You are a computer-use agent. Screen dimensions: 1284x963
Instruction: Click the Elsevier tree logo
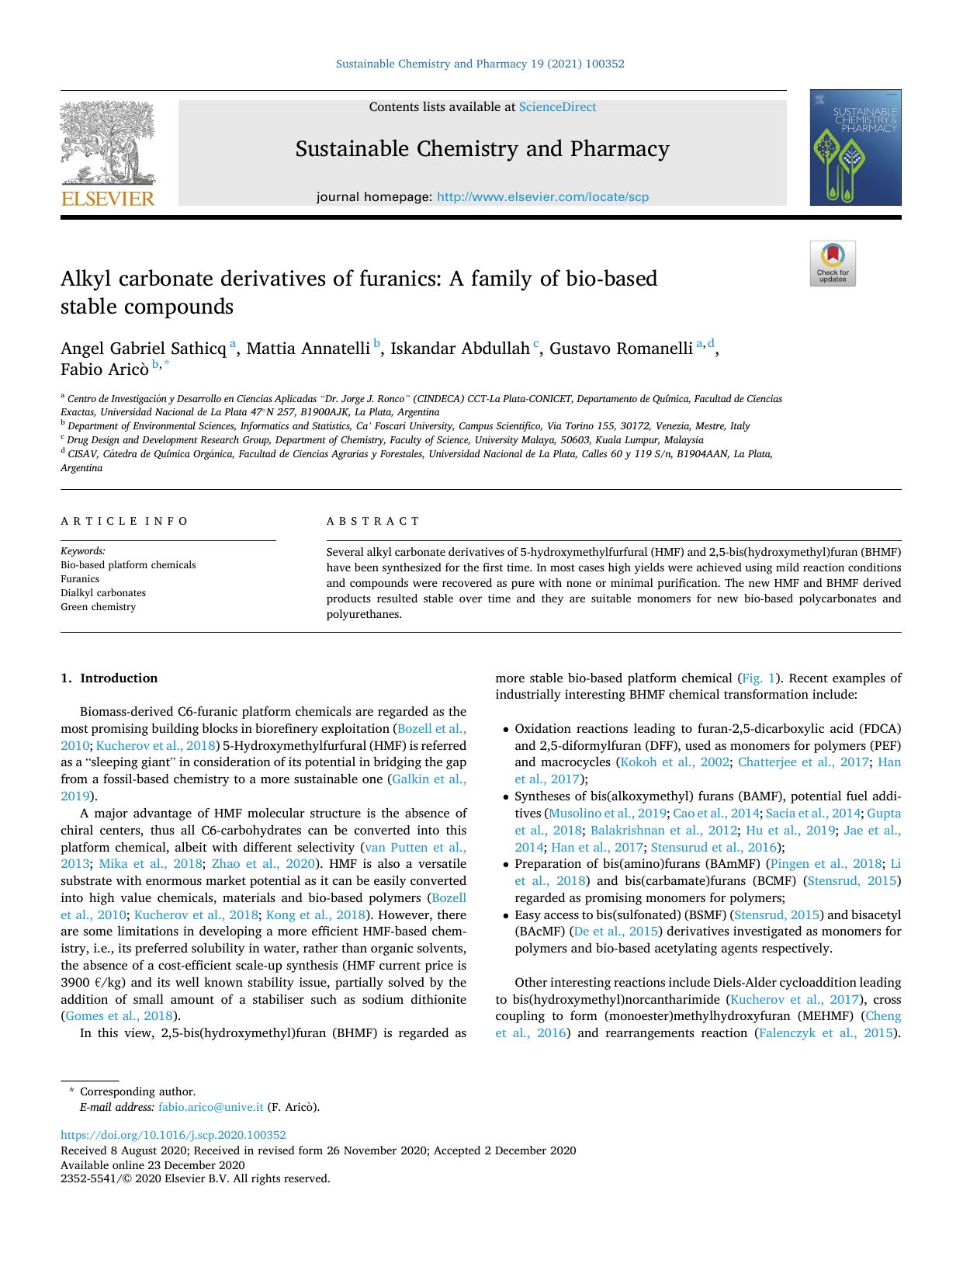[x=108, y=147]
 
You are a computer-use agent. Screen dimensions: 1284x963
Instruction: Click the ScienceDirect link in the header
[x=557, y=107]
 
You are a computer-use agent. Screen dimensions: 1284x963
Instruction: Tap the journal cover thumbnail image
[x=855, y=147]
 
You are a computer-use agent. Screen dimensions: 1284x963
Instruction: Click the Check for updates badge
[x=833, y=264]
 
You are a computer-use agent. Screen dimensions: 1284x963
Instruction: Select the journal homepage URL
[x=542, y=197]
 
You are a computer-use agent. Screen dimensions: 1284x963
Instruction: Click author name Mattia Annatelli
[x=308, y=349]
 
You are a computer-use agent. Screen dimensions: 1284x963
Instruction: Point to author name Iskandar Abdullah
[x=459, y=349]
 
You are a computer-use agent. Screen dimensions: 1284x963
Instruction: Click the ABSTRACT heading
[x=372, y=521]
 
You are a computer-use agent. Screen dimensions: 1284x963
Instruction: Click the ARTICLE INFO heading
[x=124, y=521]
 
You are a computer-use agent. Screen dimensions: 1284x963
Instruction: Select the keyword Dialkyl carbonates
[x=103, y=593]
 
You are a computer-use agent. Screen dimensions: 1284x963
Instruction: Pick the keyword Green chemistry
[x=98, y=607]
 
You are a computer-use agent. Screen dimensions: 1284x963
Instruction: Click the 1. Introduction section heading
[x=109, y=678]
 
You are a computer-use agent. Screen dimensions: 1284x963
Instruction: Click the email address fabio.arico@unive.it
[x=211, y=1108]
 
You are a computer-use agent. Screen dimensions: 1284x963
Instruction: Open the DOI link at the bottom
[x=173, y=1135]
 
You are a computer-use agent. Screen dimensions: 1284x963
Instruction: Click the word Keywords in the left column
[x=83, y=551]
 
